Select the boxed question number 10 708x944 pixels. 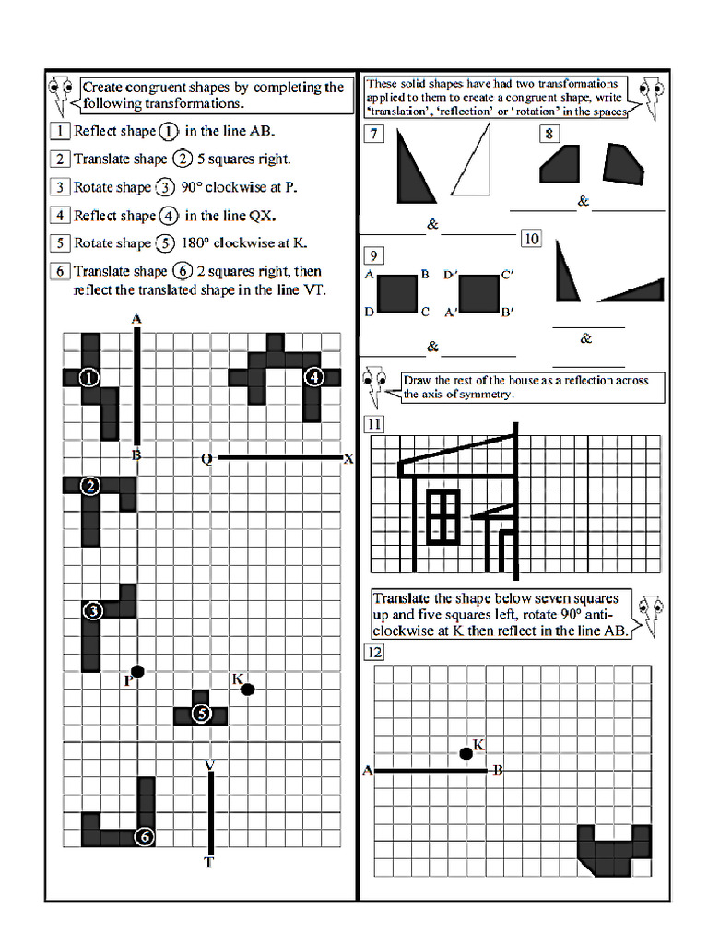[x=531, y=239]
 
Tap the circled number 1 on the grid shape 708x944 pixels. [x=89, y=377]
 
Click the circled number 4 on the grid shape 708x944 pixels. [x=313, y=376]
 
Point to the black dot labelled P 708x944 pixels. [x=137, y=671]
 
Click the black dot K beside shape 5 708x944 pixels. [x=247, y=689]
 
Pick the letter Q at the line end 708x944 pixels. [x=207, y=459]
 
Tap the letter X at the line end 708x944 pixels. [x=348, y=458]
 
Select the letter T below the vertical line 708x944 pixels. [x=209, y=864]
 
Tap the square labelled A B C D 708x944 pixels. [x=397, y=293]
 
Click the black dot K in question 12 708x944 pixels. [x=466, y=754]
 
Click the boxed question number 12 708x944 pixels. [x=374, y=654]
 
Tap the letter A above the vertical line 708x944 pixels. [x=136, y=319]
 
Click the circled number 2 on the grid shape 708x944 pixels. [x=89, y=487]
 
